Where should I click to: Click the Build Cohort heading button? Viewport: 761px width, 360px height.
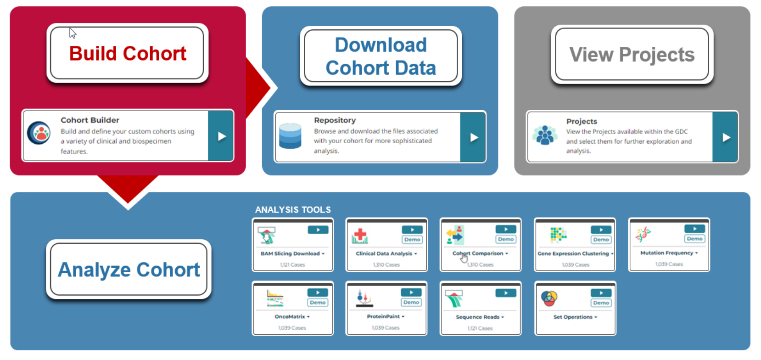point(127,53)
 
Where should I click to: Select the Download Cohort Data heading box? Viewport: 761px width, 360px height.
point(380,56)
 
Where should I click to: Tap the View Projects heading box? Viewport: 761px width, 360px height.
point(632,54)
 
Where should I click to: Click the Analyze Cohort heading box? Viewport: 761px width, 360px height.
point(129,269)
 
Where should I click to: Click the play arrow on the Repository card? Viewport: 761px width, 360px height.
point(473,137)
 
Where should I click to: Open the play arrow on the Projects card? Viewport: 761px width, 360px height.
point(725,137)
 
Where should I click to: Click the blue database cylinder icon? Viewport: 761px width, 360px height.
point(290,136)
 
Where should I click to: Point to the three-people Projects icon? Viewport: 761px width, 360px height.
point(545,135)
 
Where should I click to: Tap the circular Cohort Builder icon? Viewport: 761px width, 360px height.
point(39,133)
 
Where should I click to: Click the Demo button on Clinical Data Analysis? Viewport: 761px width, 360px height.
point(412,240)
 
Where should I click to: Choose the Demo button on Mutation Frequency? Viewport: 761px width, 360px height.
point(694,239)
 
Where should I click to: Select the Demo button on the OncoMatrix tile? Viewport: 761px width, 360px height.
point(318,303)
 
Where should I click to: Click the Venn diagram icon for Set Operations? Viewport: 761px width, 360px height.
point(549,298)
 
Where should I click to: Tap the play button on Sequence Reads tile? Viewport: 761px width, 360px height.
point(505,293)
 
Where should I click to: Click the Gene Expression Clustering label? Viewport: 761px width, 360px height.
point(573,253)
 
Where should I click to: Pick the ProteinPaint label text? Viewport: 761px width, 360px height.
point(383,316)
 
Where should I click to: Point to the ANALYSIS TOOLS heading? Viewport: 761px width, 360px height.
point(293,210)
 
